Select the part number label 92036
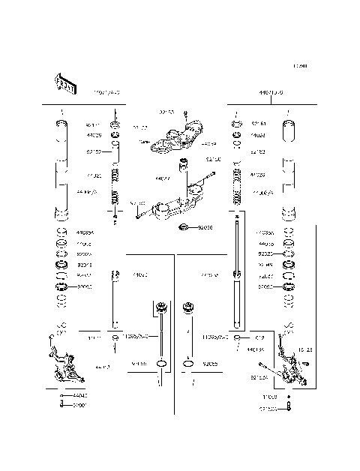pos(205,227)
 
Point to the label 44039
pos(209,142)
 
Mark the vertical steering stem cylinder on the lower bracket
pos(182,166)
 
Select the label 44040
pos(80,395)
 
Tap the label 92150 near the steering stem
pos(214,160)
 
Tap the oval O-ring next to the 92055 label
pos(190,365)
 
